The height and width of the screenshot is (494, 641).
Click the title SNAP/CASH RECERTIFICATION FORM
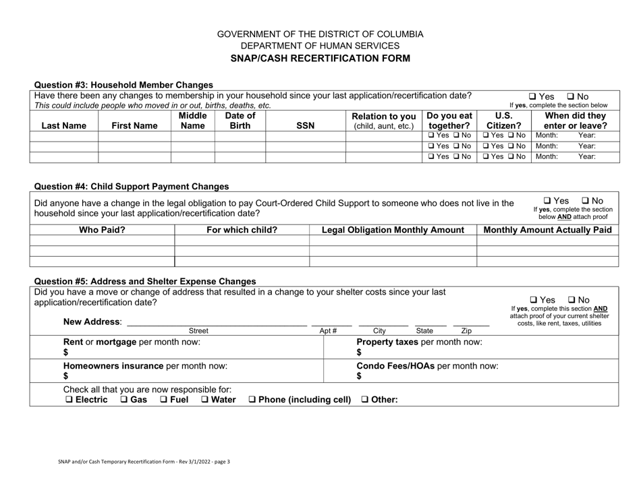pos(320,58)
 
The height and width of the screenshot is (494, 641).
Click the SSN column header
pos(305,125)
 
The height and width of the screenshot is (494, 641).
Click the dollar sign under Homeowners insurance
pos(66,376)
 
